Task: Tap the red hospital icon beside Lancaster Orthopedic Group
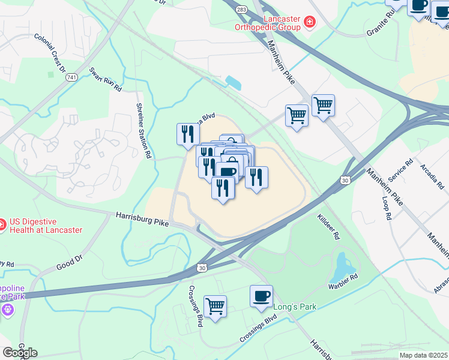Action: (310, 23)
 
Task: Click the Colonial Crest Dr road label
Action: (50, 53)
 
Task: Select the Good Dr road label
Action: (70, 262)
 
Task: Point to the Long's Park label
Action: (295, 307)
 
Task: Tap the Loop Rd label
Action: (386, 207)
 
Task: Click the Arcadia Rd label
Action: (431, 175)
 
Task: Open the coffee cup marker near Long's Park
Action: (261, 296)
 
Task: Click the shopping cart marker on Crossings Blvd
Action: (215, 307)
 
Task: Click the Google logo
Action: (20, 353)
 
